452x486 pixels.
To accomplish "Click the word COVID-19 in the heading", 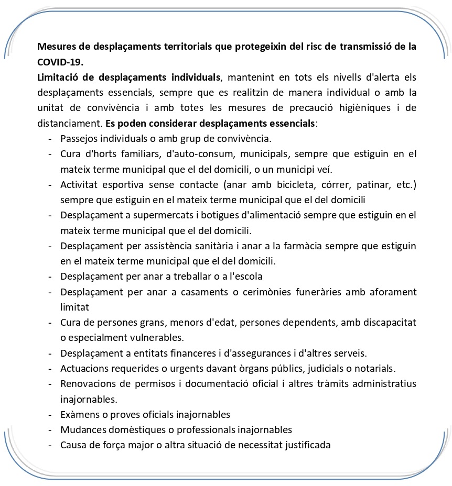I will [x=60, y=62].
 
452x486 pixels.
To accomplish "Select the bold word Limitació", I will [x=58, y=78].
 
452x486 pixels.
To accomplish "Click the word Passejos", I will [x=78, y=139].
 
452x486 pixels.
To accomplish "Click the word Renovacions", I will [x=88, y=383].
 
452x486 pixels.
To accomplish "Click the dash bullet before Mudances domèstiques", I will [x=50, y=429].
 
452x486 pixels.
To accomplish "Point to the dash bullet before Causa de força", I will [x=50, y=445].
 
